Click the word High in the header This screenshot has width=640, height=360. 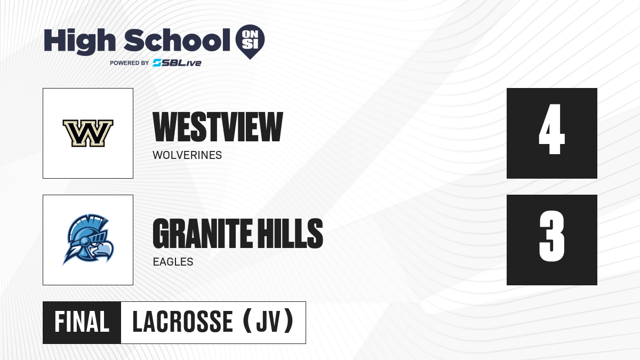(x=79, y=42)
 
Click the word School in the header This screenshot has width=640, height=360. (x=177, y=41)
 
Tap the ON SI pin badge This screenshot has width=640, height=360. (x=250, y=42)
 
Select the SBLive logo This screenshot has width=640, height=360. (x=177, y=63)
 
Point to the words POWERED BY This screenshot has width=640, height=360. (x=130, y=63)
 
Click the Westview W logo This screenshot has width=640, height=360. (x=88, y=133)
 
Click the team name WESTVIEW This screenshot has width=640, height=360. (x=218, y=127)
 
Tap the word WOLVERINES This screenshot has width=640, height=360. (x=187, y=155)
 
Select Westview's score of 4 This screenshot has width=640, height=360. (x=551, y=129)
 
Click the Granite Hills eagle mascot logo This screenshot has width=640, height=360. (x=88, y=240)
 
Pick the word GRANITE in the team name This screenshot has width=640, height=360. (x=202, y=234)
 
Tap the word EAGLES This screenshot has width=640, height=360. (x=173, y=262)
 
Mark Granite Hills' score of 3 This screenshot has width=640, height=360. (x=551, y=236)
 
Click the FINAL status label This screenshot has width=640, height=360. (x=82, y=322)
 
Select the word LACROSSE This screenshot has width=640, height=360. (x=182, y=322)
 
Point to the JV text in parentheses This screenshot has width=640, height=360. (x=268, y=322)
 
